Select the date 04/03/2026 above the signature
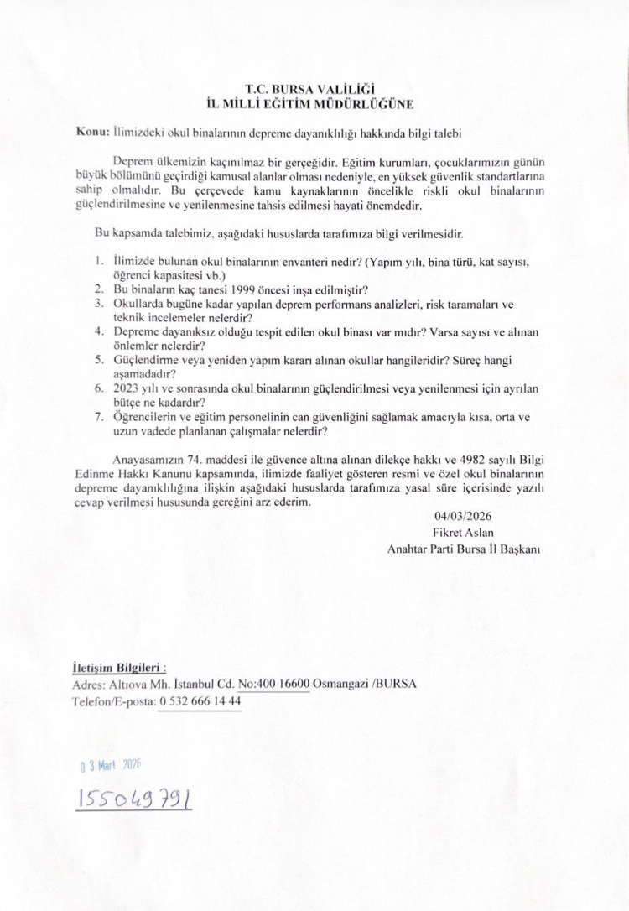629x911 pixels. pyautogui.click(x=460, y=518)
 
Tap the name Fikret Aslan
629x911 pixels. pyautogui.click(x=460, y=533)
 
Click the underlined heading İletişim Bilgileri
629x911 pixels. pyautogui.click(x=118, y=668)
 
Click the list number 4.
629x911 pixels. pyautogui.click(x=98, y=332)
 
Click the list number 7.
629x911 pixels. pyautogui.click(x=98, y=418)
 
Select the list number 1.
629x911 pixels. pyautogui.click(x=98, y=260)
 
